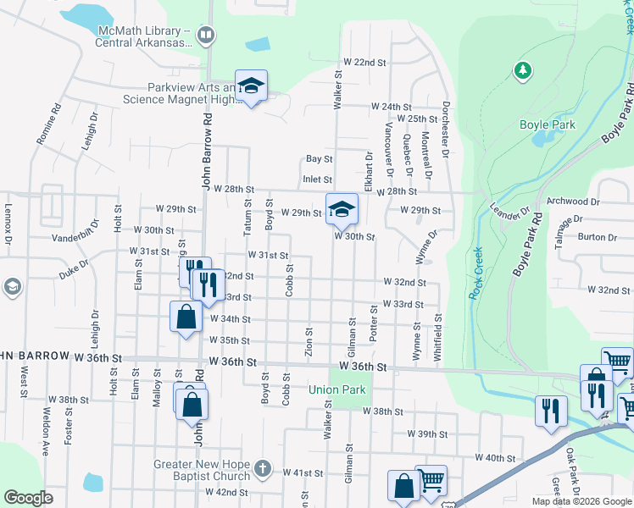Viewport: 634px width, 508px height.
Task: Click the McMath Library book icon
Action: point(205,35)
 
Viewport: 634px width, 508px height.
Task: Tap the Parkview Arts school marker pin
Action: point(251,87)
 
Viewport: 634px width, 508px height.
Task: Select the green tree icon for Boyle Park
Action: point(523,70)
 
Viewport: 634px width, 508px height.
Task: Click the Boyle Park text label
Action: point(547,124)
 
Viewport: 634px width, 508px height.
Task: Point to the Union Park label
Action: point(336,390)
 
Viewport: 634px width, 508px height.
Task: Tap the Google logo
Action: point(28,498)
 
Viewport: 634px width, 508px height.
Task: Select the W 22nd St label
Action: point(364,63)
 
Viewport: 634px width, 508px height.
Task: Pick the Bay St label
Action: point(319,158)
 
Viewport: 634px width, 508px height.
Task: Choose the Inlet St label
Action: point(317,179)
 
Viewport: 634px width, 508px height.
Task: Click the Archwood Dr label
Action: point(574,202)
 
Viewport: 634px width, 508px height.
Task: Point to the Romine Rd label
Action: point(47,123)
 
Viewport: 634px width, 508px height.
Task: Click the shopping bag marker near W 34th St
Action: point(186,318)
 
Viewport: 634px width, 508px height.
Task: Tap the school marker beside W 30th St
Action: point(342,210)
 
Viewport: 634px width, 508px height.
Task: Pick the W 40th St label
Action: point(496,457)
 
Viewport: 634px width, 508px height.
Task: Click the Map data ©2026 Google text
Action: point(581,500)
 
